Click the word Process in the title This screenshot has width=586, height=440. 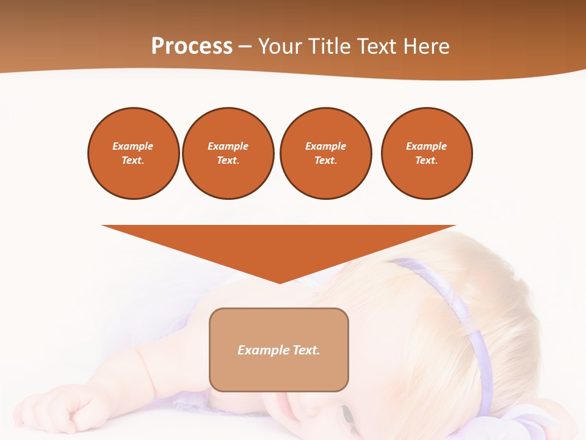[x=192, y=46]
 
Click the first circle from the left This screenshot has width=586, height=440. [x=133, y=153]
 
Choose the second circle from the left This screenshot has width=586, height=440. [x=228, y=153]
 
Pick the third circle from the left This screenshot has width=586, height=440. [x=325, y=153]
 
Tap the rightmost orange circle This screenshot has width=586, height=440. [x=426, y=153]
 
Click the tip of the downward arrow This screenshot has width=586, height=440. [x=280, y=282]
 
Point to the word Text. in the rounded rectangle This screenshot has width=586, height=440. [x=306, y=350]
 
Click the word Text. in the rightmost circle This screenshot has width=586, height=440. [x=426, y=161]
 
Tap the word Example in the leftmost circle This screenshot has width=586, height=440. [x=133, y=146]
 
